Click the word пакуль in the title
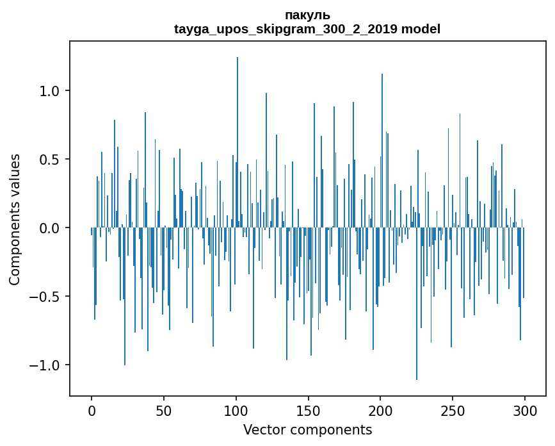[x=307, y=15]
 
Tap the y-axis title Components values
[x=15, y=219]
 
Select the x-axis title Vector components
[x=307, y=429]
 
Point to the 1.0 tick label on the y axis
[x=50, y=91]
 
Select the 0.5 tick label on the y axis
[x=50, y=160]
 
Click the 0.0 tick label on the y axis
[x=50, y=228]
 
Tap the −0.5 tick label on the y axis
[x=46, y=297]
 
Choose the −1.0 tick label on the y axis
[x=46, y=365]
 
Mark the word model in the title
[x=421, y=29]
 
